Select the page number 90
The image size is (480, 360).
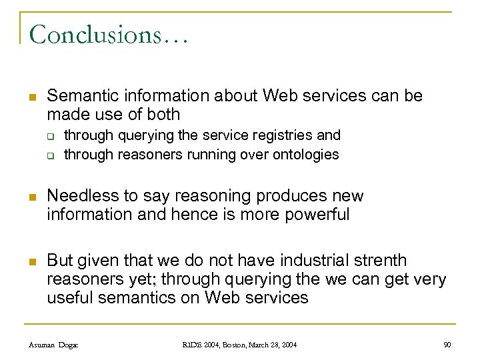point(447,345)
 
